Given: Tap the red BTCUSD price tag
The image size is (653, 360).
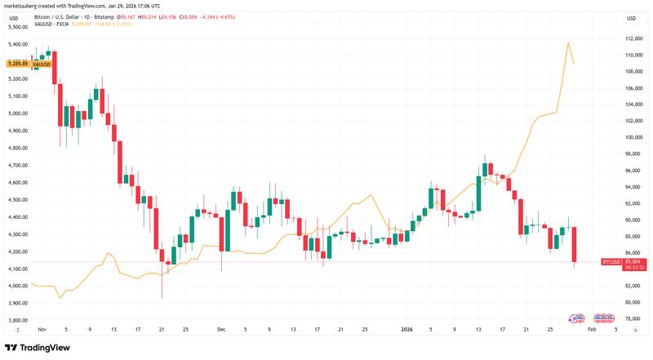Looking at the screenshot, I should tap(611, 261).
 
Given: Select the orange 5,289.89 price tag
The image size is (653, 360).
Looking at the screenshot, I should tap(17, 63).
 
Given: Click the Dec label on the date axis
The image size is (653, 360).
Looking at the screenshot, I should tap(221, 329).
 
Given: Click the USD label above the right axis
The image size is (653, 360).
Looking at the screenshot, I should tap(631, 18).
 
